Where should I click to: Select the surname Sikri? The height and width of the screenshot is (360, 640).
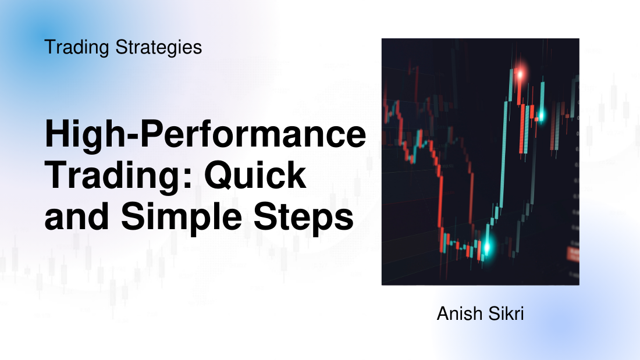tap(507, 315)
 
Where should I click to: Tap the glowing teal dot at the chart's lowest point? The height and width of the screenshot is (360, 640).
tap(486, 247)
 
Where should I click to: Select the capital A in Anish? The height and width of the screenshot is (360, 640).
tap(443, 315)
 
